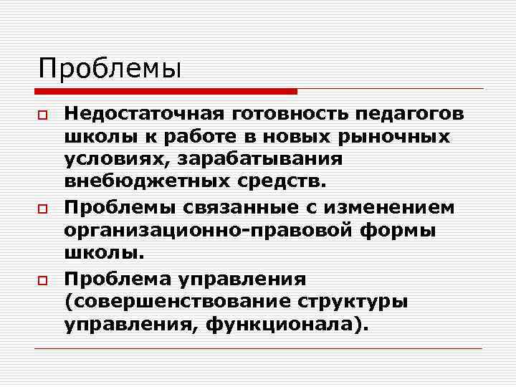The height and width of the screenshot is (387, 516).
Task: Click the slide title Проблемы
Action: coord(110,69)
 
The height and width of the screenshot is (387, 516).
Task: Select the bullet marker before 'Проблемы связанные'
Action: coord(43,209)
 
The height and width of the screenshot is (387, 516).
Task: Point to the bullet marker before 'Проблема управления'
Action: coord(43,279)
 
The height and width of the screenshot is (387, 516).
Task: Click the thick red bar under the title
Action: coord(166,92)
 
